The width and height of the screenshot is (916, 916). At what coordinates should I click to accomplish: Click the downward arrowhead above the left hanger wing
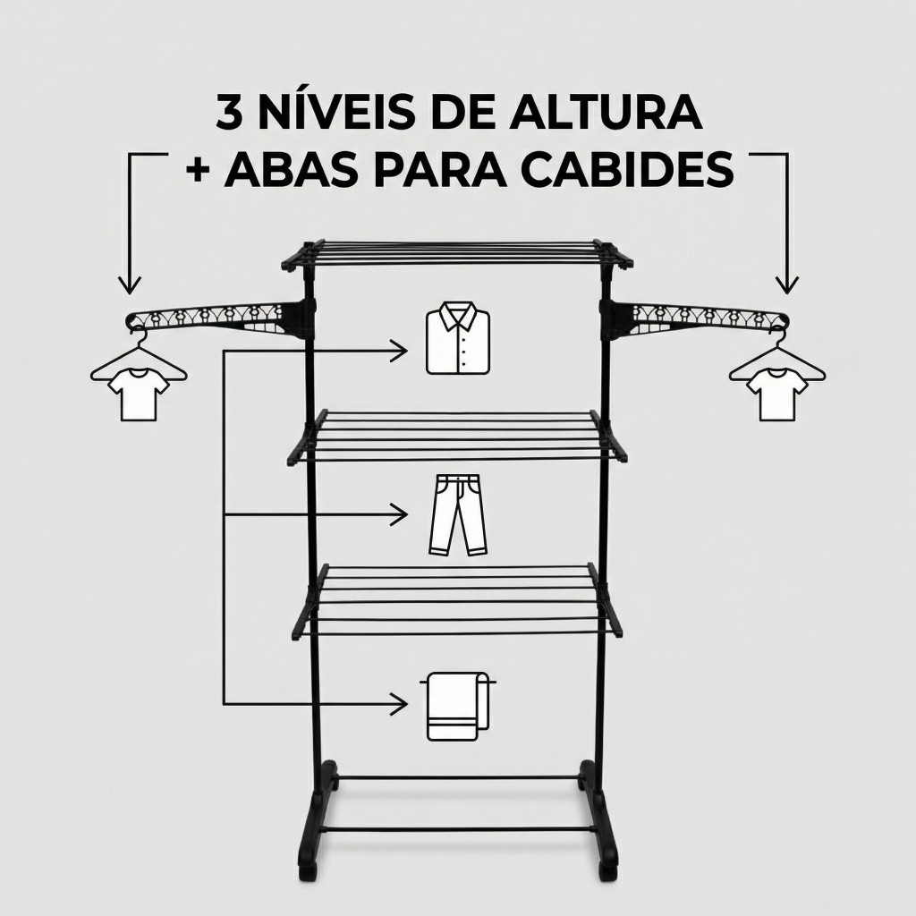coord(131,285)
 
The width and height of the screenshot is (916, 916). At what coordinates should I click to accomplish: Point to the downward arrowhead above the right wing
coord(786,285)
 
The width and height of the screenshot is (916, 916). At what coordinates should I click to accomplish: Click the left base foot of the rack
coord(318,818)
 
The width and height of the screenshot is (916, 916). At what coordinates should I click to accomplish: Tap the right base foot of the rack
coord(600,818)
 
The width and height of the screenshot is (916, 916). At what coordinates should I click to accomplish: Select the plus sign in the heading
coord(199,169)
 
